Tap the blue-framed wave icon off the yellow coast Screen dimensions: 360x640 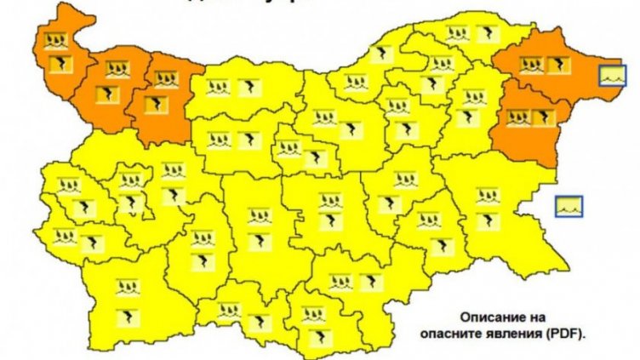point(569,205)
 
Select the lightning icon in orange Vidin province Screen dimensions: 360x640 point(60,64)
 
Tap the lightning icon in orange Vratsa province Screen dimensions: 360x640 point(155,104)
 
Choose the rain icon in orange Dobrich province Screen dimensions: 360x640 point(532,64)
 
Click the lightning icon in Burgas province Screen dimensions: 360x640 point(486,220)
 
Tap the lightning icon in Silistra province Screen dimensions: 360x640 point(485,34)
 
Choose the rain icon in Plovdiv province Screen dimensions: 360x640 point(258,215)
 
